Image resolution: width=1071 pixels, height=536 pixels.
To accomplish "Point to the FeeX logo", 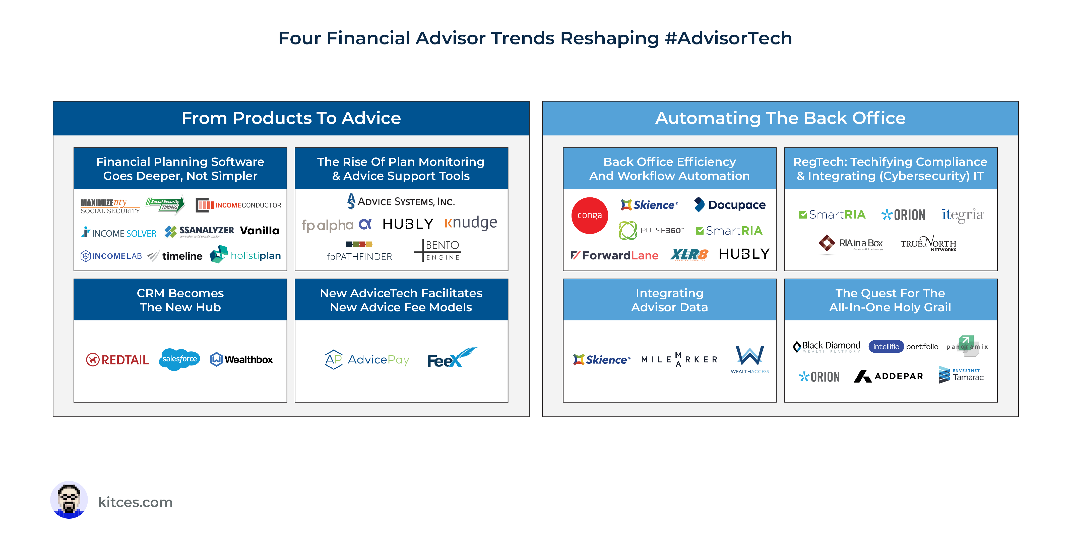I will pyautogui.click(x=451, y=358).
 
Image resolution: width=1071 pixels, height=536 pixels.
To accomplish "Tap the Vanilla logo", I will pyautogui.click(x=260, y=231).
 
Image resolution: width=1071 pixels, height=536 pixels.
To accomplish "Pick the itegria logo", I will pyautogui.click(x=963, y=215).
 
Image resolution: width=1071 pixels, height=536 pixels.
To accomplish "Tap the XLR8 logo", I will pyautogui.click(x=689, y=254).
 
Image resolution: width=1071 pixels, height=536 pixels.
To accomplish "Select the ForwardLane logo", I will pyautogui.click(x=614, y=255).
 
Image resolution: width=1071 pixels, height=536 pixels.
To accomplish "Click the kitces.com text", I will pyautogui.click(x=135, y=502).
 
